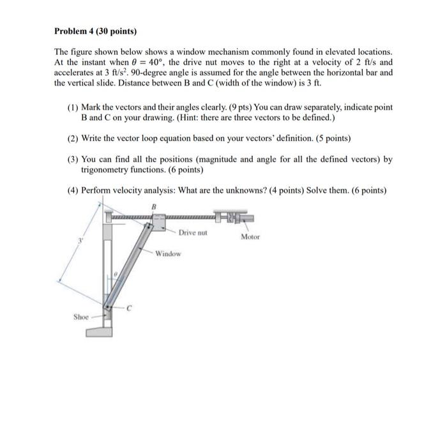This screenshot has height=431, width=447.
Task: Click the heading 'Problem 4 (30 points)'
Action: tap(96, 31)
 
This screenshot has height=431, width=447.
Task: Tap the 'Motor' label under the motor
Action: tap(250, 237)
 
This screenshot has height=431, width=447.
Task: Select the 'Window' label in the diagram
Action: tap(167, 253)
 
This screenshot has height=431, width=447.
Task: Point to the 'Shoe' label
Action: tap(80, 316)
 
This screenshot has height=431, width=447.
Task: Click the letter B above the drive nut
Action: tap(154, 206)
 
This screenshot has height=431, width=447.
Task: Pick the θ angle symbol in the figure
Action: tap(115, 274)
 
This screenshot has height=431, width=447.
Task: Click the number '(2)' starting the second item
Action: tap(73, 138)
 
